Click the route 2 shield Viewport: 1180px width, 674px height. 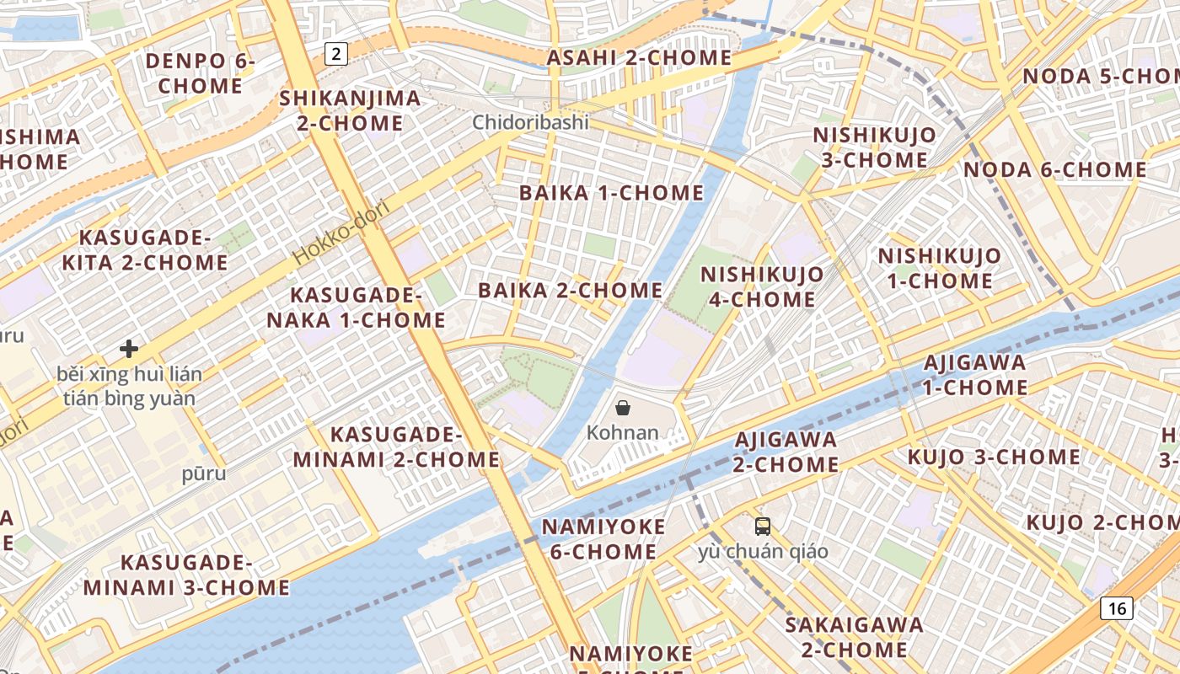point(336,55)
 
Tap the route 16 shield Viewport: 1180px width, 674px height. point(1118,608)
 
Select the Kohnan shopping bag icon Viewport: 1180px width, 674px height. point(623,409)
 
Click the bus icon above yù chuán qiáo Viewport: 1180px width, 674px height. point(763,527)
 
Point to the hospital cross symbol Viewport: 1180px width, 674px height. point(129,348)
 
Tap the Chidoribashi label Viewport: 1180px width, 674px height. point(530,122)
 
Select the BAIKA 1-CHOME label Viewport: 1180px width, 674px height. point(611,193)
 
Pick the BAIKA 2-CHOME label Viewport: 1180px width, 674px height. point(571,291)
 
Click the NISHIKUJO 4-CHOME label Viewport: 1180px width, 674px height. point(762,286)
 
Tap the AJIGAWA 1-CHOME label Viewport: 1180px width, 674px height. point(975,375)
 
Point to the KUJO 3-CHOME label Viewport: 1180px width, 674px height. point(994,457)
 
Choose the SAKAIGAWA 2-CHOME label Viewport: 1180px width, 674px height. point(855,637)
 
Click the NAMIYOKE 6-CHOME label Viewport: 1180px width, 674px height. point(603,539)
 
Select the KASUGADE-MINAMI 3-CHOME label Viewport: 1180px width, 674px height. point(186,575)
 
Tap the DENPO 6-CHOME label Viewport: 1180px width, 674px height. point(200,73)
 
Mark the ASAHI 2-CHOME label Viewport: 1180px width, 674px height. point(639,58)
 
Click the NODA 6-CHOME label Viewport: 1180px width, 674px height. point(1054,170)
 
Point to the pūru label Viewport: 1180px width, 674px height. point(204,473)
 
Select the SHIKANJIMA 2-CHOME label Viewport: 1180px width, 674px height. point(350,110)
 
